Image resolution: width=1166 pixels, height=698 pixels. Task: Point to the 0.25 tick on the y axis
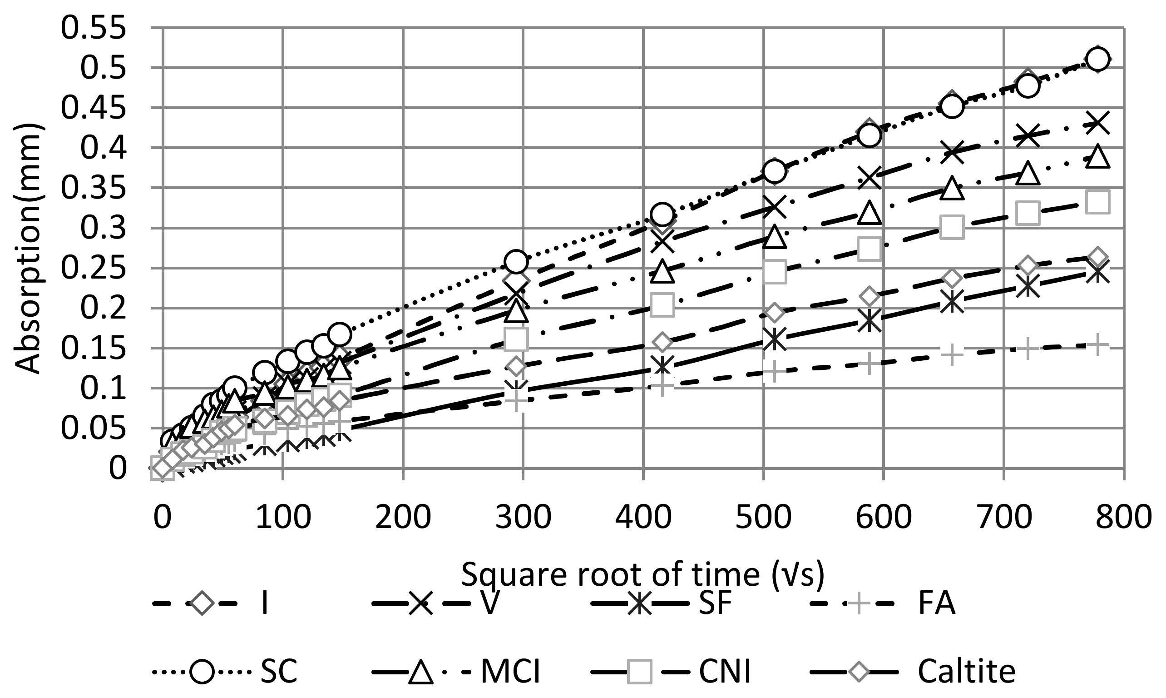point(94,269)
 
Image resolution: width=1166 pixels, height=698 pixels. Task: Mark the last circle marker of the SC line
point(1098,59)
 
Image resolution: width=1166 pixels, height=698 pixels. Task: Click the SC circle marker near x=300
point(516,261)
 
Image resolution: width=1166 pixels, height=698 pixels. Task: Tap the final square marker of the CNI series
point(1098,202)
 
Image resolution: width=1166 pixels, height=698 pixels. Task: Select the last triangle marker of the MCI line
point(1098,156)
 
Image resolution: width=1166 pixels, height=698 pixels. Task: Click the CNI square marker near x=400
point(662,305)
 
